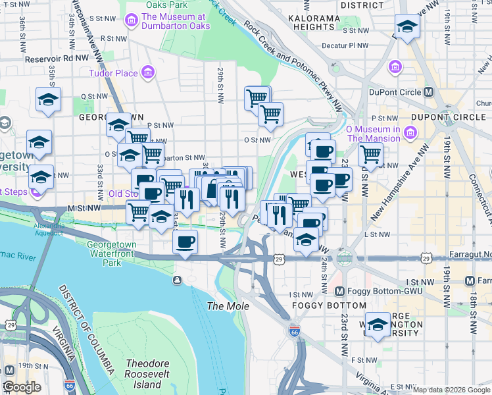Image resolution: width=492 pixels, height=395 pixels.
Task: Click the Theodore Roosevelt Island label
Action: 147,374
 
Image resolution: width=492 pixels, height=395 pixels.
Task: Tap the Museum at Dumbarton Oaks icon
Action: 132,21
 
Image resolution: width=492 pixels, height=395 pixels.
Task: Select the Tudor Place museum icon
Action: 149,72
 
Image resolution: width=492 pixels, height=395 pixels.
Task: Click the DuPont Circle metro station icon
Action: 429,92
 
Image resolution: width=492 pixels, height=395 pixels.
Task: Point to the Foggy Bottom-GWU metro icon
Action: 339,292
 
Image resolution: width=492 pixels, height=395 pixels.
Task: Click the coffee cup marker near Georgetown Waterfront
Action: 185,242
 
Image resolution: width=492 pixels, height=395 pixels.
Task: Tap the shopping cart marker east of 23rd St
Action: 371,156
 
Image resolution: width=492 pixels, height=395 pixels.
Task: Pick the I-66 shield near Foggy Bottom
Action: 294,331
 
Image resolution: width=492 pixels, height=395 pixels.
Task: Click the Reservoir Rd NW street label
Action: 57,59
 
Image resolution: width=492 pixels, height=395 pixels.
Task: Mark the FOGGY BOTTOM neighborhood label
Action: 329,305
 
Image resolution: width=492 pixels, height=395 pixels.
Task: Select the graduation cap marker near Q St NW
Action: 48,99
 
